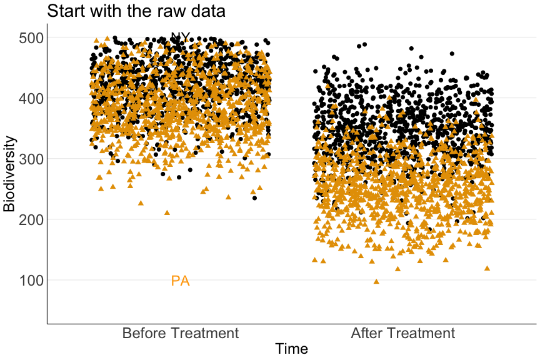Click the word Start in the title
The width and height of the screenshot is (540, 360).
click(65, 11)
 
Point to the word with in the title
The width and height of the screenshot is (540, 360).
click(106, 11)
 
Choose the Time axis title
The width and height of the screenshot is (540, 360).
click(292, 349)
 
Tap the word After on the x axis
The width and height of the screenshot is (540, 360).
click(368, 333)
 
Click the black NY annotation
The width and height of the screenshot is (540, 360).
click(180, 37)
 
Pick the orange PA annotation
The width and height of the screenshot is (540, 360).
click(180, 281)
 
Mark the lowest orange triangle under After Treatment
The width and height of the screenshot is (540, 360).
click(376, 281)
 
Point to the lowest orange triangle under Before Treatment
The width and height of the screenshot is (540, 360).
click(167, 212)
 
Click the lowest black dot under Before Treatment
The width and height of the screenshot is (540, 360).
click(254, 197)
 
